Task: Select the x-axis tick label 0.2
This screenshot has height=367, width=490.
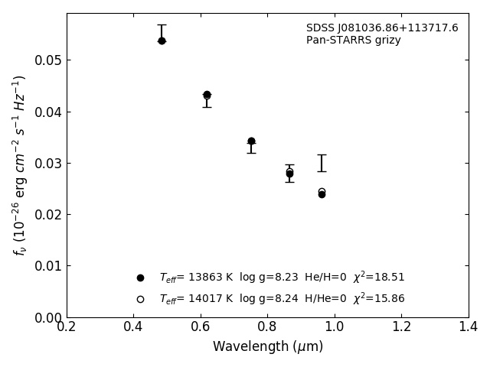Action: click(67, 327)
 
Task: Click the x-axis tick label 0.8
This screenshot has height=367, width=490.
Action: click(267, 327)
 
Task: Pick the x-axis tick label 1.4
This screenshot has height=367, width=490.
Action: click(469, 327)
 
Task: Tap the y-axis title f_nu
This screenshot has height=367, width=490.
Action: click(20, 164)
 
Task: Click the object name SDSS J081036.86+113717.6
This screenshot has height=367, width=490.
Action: click(382, 28)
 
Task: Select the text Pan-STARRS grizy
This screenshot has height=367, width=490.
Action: click(354, 41)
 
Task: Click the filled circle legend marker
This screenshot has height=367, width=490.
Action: click(140, 278)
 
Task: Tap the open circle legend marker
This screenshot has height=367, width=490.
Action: click(140, 299)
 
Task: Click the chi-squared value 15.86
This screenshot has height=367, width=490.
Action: click(389, 299)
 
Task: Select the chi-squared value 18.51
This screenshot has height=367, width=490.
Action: click(389, 278)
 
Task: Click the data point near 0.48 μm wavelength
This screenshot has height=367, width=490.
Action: click(162, 41)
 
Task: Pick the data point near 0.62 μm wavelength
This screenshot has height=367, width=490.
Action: click(207, 95)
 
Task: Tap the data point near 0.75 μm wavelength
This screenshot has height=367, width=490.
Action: click(251, 141)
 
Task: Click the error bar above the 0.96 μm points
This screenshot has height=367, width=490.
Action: click(322, 162)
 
